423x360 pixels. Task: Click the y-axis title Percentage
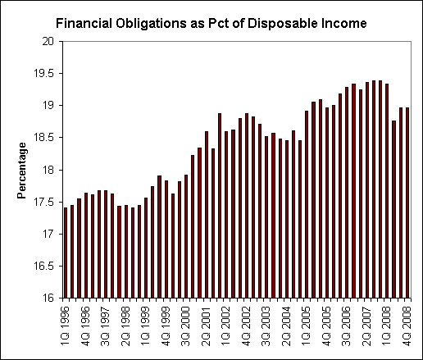pos(23,170)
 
